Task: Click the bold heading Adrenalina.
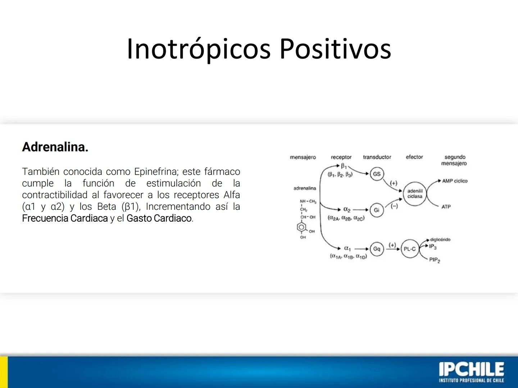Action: [55, 147]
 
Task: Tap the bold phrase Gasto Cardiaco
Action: [159, 218]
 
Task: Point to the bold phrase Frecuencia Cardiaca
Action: [65, 218]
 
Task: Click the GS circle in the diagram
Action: [377, 174]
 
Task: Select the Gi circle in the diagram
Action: [376, 210]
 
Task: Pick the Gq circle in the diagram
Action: [377, 249]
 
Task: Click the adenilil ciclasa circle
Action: [414, 194]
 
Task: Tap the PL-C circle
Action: [409, 249]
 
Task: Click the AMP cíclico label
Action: [455, 181]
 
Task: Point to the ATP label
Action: [446, 207]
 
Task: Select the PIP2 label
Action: [435, 260]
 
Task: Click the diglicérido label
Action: [440, 239]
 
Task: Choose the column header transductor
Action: [377, 157]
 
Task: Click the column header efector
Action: [414, 157]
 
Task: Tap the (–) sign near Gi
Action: [394, 206]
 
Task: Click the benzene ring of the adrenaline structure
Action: [301, 227]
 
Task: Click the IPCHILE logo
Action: [471, 372]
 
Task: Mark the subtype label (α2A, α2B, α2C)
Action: [346, 218]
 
